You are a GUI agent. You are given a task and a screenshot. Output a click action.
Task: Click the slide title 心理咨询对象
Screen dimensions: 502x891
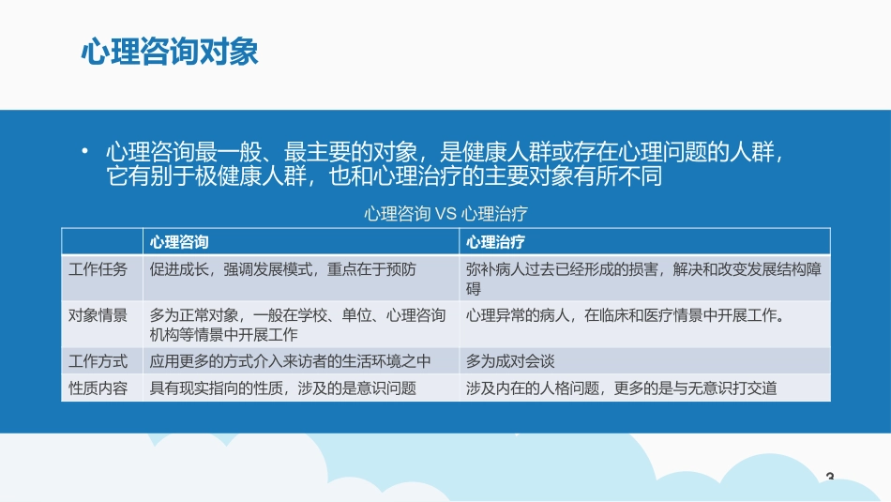pyautogui.click(x=170, y=53)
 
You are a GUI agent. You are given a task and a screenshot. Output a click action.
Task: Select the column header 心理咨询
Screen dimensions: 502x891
pyautogui.click(x=180, y=241)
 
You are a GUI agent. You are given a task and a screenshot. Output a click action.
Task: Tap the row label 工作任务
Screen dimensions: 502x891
pyautogui.click(x=98, y=269)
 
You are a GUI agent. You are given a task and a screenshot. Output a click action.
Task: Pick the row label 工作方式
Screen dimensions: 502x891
pyautogui.click(x=98, y=360)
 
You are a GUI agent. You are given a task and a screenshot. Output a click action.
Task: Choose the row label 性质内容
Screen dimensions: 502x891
pyautogui.click(x=98, y=387)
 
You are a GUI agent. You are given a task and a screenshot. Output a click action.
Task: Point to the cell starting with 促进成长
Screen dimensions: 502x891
pyautogui.click(x=282, y=269)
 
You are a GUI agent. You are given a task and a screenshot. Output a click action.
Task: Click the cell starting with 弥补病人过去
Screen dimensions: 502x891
pyautogui.click(x=643, y=278)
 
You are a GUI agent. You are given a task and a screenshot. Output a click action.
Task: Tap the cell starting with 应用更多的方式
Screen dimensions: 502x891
pyautogui.click(x=290, y=360)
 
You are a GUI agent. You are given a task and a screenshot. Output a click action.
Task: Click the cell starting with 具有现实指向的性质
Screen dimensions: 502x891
pyautogui.click(x=282, y=387)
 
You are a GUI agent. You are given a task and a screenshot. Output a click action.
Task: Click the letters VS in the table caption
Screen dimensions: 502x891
pyautogui.click(x=446, y=214)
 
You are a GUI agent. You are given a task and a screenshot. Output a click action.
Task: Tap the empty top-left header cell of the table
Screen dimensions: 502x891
pyautogui.click(x=102, y=241)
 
